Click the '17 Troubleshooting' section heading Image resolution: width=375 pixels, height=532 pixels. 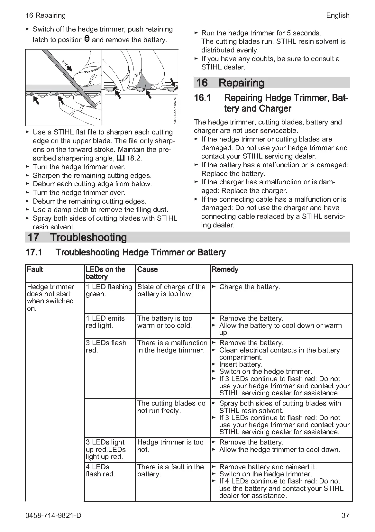[x=77, y=237]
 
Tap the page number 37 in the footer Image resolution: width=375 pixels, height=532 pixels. [x=345, y=515]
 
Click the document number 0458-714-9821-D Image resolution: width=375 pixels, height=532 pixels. [x=53, y=515]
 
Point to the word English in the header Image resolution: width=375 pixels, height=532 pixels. [x=337, y=15]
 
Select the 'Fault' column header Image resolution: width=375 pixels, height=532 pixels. [x=35, y=269]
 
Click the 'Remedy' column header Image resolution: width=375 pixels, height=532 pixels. [x=225, y=269]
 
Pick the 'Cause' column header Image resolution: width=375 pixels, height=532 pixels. [x=147, y=269]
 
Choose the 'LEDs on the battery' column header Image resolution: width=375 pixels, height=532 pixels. [x=105, y=273]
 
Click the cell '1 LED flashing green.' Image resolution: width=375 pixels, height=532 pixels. [x=109, y=290]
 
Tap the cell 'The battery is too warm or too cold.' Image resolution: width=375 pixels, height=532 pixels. [x=165, y=322]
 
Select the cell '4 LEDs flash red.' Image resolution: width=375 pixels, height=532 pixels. [x=100, y=470]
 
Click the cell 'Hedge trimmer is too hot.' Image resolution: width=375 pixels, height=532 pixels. [x=170, y=446]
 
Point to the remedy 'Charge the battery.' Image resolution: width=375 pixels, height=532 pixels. [x=249, y=287]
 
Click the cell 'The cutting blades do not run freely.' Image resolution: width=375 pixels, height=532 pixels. [x=171, y=407]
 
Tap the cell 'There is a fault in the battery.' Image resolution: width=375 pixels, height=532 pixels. [x=170, y=470]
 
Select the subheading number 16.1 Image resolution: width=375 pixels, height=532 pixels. [x=202, y=98]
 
